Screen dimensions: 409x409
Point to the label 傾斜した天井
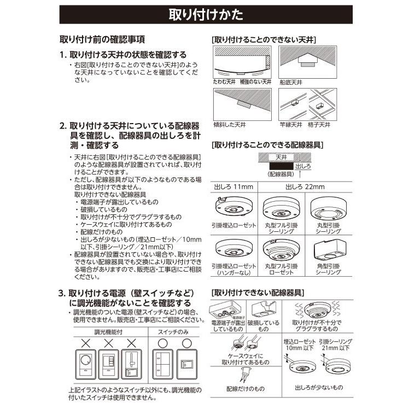pyautogui.click(x=229, y=125)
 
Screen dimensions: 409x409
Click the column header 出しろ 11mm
pyautogui.click(x=232, y=188)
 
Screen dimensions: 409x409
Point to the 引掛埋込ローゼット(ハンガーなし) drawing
pyautogui.click(x=232, y=250)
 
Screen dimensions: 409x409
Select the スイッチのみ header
pyautogui.click(x=175, y=332)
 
